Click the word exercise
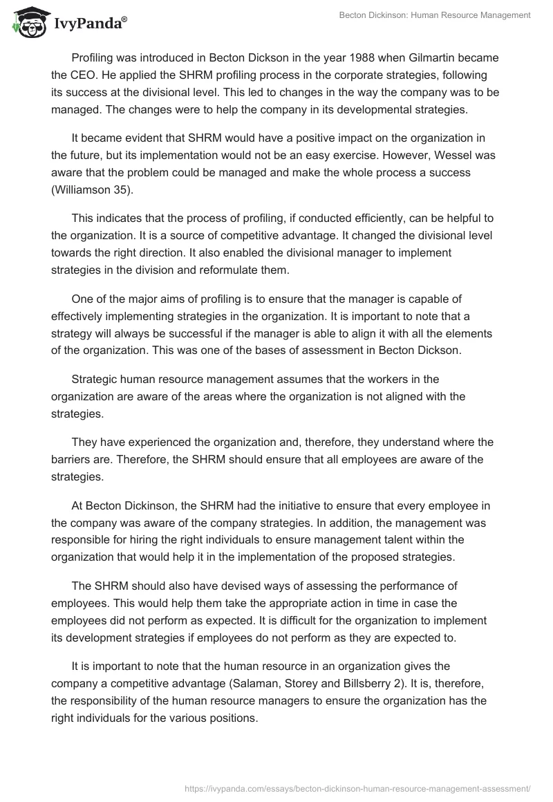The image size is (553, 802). click(368, 155)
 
